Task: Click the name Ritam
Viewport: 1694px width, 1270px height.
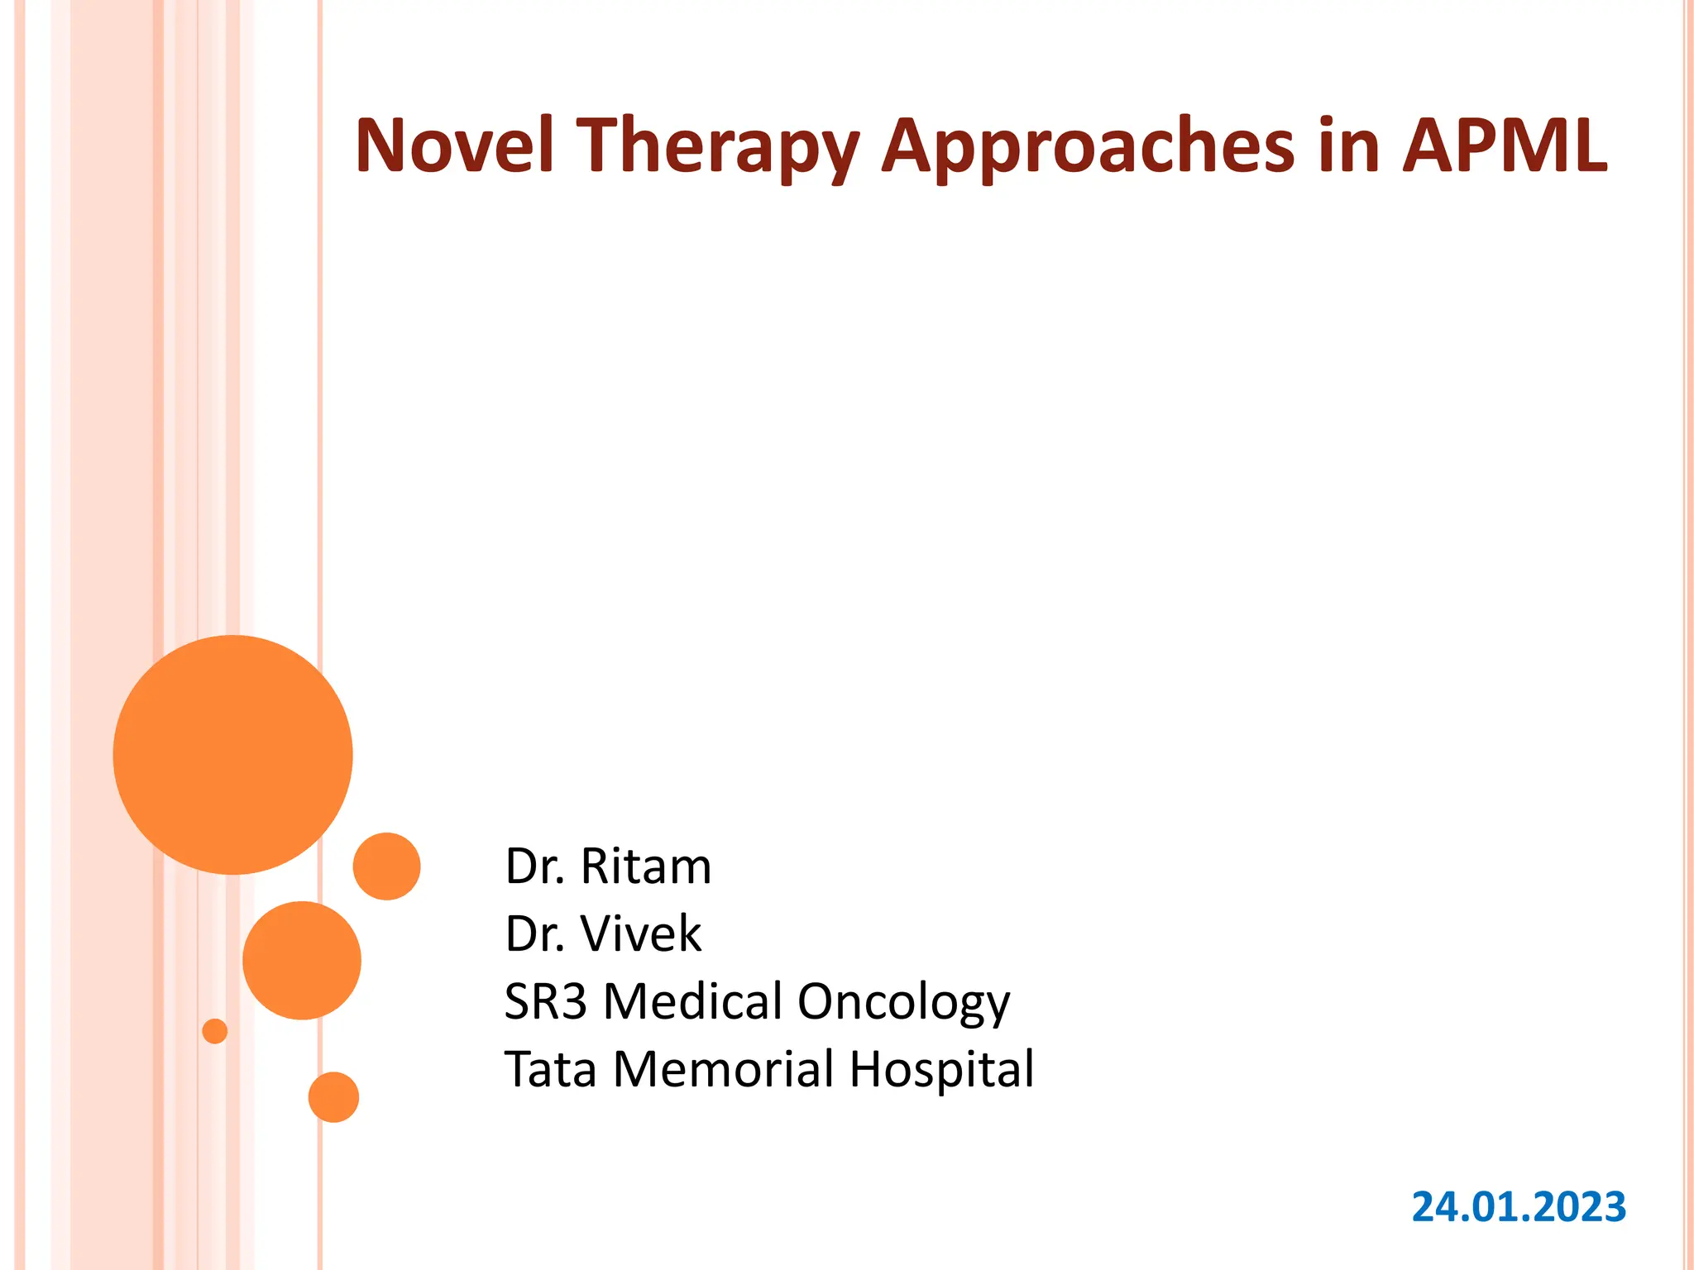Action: pyautogui.click(x=645, y=867)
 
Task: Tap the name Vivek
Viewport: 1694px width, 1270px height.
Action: pyautogui.click(x=641, y=934)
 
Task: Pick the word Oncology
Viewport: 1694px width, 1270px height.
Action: pyautogui.click(x=903, y=1003)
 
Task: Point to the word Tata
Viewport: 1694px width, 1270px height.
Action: pyautogui.click(x=550, y=1069)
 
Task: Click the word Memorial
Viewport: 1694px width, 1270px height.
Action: pyautogui.click(x=724, y=1069)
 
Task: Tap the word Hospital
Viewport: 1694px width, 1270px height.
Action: pyautogui.click(x=941, y=1069)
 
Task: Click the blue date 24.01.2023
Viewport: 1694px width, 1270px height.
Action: pyautogui.click(x=1519, y=1206)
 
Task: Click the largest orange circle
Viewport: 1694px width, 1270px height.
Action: pyautogui.click(x=233, y=754)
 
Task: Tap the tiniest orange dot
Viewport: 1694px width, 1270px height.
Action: pyautogui.click(x=215, y=1031)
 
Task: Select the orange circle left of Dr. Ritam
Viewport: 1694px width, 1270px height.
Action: pyautogui.click(x=386, y=866)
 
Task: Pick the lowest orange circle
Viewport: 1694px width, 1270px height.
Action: pyautogui.click(x=333, y=1097)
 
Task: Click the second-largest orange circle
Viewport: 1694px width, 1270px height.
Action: pyautogui.click(x=302, y=960)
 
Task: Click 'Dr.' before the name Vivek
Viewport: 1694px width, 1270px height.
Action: pyautogui.click(x=534, y=934)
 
